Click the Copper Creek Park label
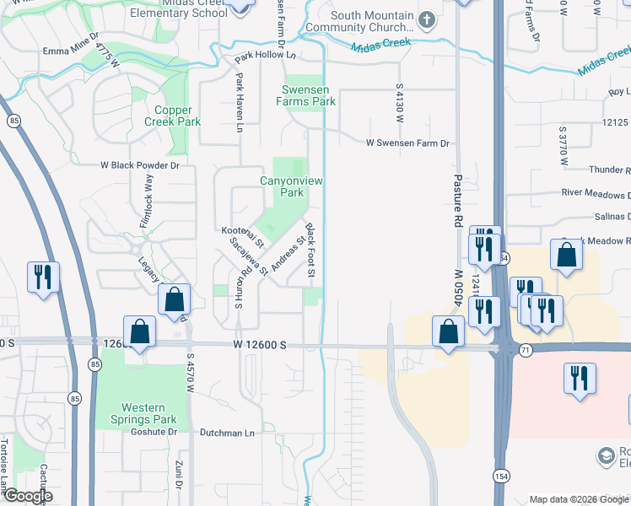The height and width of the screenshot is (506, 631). coord(177,116)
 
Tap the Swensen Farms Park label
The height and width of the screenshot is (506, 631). coord(305,95)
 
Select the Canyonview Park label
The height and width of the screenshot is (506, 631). coord(292,186)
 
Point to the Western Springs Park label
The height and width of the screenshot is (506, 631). coord(143,413)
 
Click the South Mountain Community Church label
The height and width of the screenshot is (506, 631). coord(372,22)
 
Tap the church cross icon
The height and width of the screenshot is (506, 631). coord(428,19)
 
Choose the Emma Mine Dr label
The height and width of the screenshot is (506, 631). coord(71,51)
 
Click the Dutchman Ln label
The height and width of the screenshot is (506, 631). coord(226,433)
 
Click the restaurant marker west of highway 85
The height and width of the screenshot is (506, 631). coord(41,277)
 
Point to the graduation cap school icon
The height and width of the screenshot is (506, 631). coord(607,456)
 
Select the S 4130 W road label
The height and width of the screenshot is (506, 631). coord(398,103)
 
